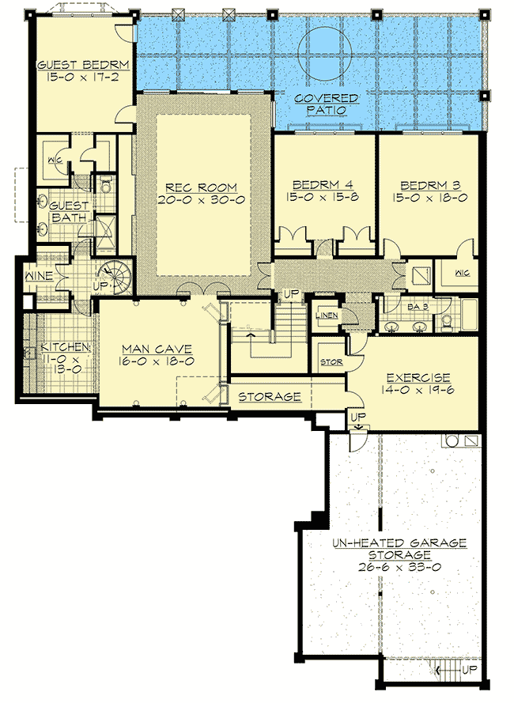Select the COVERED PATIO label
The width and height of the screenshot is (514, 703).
coord(326,104)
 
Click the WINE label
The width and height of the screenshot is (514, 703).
coord(39,276)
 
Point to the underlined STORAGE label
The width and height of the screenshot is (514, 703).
coord(269,396)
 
